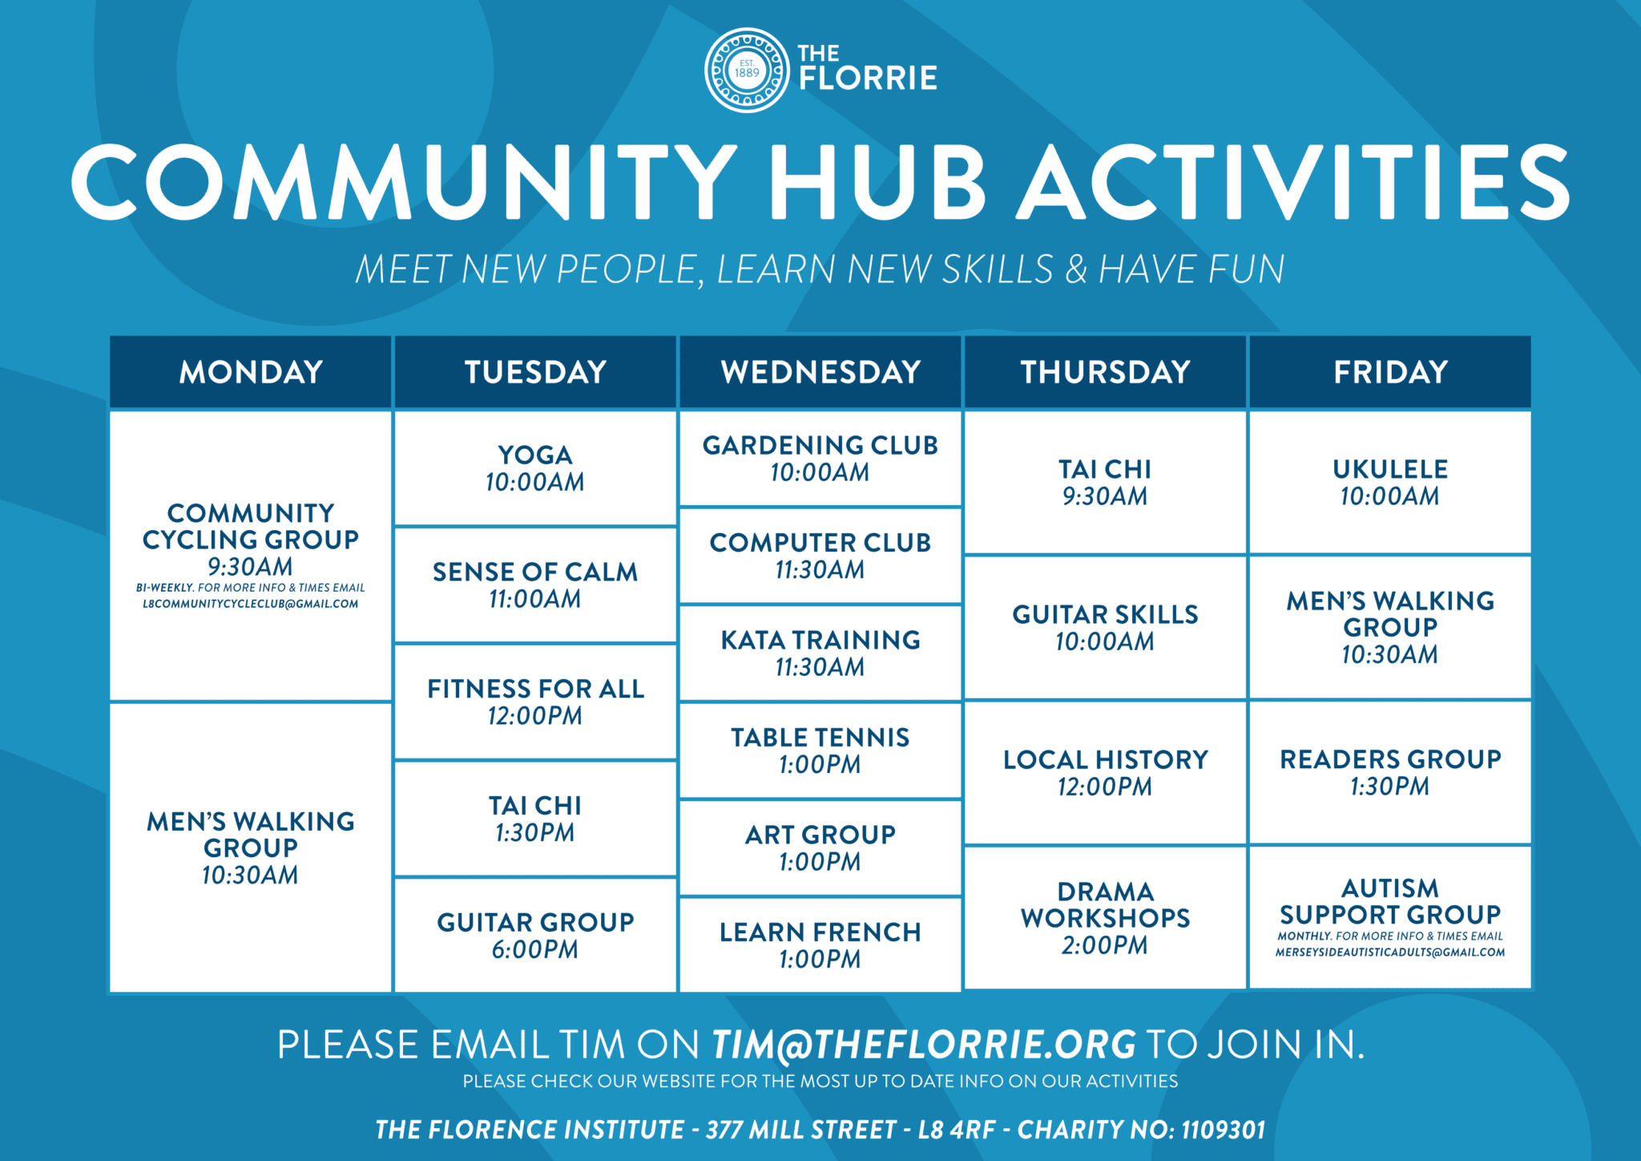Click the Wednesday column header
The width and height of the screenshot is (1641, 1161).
(820, 372)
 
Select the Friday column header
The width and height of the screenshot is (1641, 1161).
(1389, 372)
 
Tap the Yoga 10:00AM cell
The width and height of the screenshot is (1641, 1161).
(534, 468)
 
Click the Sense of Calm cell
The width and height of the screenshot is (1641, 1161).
(534, 585)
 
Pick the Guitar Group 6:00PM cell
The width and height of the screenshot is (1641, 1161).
(534, 935)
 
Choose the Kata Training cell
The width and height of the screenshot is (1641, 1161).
(820, 653)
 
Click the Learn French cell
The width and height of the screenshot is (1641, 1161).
(820, 945)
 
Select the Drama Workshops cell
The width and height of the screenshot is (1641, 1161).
(1105, 917)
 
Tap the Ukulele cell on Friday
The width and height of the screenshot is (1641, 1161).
(1389, 482)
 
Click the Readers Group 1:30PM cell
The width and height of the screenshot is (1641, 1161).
(1389, 772)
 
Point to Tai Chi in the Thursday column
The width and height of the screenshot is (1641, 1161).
(1105, 482)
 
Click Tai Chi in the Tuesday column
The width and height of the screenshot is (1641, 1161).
(534, 819)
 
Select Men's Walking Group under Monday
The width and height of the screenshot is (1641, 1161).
(250, 847)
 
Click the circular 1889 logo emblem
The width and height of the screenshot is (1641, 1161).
(747, 71)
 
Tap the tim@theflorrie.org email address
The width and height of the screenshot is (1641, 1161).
(924, 1045)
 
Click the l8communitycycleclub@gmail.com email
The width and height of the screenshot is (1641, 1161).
(250, 604)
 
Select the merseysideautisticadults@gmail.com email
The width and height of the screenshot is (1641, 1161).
(1389, 953)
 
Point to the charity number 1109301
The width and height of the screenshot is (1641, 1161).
(1223, 1130)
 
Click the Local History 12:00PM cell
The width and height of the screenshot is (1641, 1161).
(1105, 772)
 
